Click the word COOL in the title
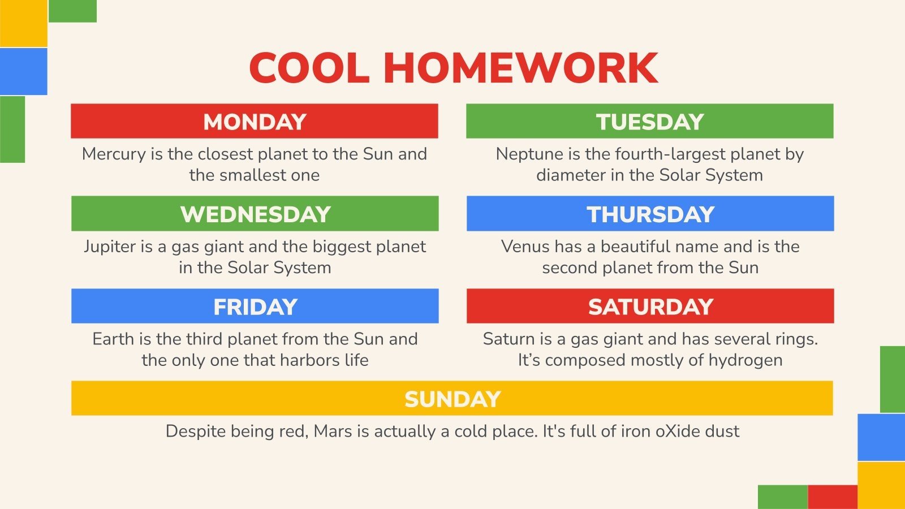click(309, 68)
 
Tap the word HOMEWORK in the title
click(520, 68)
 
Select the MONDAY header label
click(255, 122)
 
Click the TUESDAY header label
click(650, 122)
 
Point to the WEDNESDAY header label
click(255, 214)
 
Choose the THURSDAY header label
click(650, 214)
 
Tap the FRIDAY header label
click(255, 307)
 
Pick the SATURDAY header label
click(650, 307)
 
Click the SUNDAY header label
click(453, 399)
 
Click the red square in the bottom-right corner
click(832, 497)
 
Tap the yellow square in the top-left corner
click(23, 23)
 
